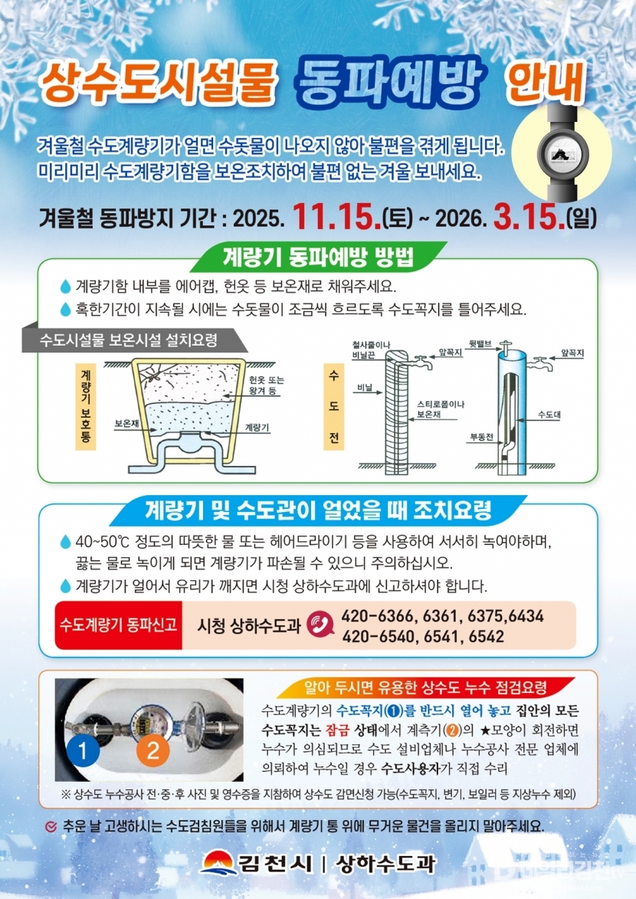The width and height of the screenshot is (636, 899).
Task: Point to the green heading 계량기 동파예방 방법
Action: [x=318, y=258]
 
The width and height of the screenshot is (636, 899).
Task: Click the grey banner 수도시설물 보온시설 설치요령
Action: [x=129, y=340]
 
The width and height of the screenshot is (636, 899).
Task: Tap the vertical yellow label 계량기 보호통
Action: [x=86, y=406]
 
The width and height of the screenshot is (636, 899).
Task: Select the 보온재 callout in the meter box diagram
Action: [x=126, y=424]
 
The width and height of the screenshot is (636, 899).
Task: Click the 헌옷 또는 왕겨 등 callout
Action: [x=267, y=386]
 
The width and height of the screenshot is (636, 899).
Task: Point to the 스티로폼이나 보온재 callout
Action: [x=441, y=409]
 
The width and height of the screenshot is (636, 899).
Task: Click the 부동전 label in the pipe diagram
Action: [x=481, y=437]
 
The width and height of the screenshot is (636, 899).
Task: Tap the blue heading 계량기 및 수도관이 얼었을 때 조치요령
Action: [x=318, y=510]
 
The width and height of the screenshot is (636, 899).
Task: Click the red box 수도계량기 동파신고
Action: [x=118, y=625]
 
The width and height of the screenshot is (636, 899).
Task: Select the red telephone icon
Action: [x=320, y=625]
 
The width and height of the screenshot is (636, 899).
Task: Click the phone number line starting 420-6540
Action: [x=423, y=636]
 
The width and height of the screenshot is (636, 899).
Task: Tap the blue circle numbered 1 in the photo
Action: [x=84, y=750]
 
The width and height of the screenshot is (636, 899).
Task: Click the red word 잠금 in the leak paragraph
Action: [x=337, y=730]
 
